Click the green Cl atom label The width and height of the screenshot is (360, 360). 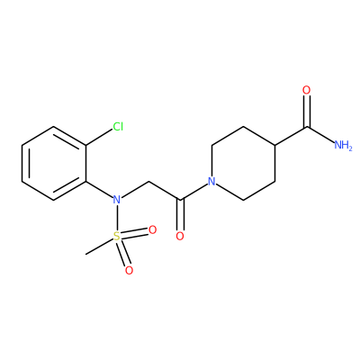[x=118, y=127]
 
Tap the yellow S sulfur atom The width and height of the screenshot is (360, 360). [x=117, y=237]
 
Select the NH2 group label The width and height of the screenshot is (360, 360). [x=343, y=146]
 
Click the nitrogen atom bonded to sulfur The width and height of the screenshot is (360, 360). [x=117, y=200]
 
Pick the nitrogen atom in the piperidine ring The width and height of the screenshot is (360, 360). [x=211, y=182]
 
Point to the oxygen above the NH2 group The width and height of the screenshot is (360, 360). [x=306, y=90]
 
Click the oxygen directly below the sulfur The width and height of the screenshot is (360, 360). [x=129, y=270]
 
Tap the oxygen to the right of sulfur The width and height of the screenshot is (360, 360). [x=153, y=230]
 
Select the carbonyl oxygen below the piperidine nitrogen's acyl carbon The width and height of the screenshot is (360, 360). [x=180, y=236]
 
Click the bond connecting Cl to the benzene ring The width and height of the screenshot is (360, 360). [x=99, y=138]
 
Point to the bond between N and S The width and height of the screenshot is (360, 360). [x=117, y=218]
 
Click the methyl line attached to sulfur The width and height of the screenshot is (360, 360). [x=99, y=247]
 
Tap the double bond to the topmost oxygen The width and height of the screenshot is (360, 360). [x=306, y=112]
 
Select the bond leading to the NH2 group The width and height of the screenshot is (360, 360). [x=320, y=135]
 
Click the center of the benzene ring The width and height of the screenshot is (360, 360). [x=54, y=164]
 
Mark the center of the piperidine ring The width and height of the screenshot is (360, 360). [x=243, y=164]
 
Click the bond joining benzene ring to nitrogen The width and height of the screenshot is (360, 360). [x=99, y=190]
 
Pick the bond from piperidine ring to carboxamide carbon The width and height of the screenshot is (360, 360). [x=291, y=137]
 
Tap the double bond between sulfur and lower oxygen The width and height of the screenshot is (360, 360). [x=123, y=253]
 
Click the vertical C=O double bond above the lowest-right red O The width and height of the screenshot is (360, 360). [x=180, y=215]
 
